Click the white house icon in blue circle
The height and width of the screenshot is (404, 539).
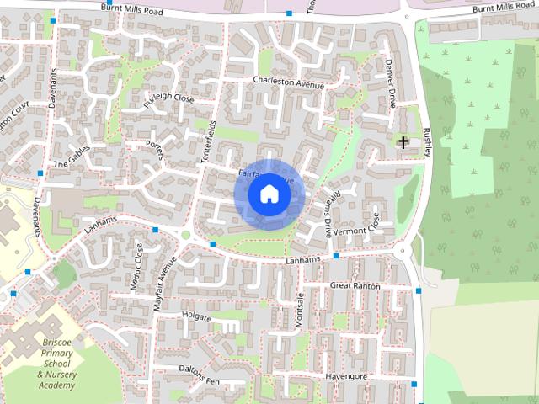269,194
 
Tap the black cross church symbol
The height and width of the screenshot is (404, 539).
403,142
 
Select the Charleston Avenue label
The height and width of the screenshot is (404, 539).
288,82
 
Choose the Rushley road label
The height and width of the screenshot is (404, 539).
428,144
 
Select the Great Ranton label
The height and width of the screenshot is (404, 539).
355,286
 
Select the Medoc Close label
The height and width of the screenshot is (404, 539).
136,268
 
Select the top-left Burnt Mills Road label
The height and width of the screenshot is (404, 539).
131,8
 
